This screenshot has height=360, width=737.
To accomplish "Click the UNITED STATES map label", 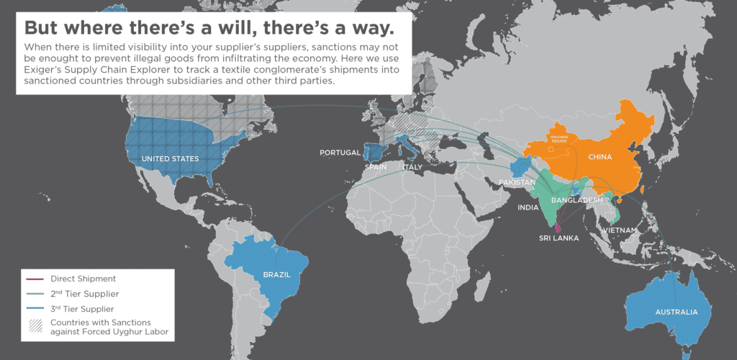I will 170,158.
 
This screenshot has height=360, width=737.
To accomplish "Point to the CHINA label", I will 600,157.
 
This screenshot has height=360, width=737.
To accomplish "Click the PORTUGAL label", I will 340,153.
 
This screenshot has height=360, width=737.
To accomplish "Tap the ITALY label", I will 412,167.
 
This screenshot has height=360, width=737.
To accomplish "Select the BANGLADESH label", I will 577,199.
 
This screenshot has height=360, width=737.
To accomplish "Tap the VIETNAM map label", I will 621,230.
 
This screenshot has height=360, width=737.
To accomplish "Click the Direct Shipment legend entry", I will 83,279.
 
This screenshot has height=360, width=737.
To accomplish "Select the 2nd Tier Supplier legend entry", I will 85,294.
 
